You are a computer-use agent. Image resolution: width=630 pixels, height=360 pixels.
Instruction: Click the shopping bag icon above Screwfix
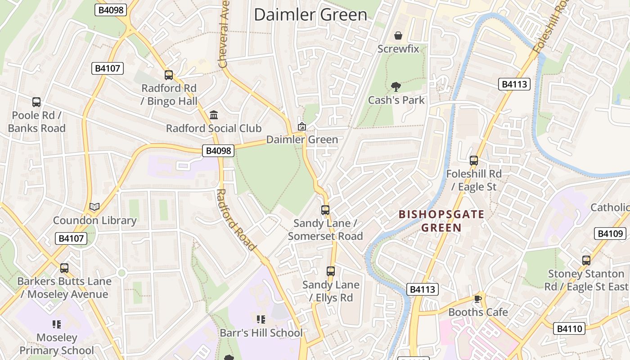398,36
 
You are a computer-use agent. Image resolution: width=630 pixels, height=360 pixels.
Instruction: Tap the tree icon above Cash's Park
396,86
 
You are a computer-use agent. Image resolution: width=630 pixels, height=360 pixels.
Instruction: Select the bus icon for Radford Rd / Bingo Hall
169,75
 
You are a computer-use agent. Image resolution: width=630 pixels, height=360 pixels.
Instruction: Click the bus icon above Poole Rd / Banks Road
36,102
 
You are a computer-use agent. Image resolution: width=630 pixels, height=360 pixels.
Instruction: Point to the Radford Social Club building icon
214,115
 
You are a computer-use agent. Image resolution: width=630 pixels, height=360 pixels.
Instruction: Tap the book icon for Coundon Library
94,207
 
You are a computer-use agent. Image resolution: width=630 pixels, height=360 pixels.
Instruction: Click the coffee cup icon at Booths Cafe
478,299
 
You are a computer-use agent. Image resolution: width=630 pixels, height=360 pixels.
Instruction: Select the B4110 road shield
569,328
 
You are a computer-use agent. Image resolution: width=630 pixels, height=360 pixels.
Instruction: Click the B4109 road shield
610,234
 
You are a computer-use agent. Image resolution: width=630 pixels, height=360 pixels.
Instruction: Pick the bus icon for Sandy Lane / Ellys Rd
331,271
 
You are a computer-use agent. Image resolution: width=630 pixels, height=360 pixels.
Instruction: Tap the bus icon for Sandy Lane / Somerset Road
325,210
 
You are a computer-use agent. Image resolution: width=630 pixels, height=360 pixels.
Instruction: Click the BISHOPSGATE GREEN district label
441,221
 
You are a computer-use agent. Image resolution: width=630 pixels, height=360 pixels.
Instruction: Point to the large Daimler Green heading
310,14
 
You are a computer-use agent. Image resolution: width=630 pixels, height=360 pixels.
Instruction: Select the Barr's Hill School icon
261,319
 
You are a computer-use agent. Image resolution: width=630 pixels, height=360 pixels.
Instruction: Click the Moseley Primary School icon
57,324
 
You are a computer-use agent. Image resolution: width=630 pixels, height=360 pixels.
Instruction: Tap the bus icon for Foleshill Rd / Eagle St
473,160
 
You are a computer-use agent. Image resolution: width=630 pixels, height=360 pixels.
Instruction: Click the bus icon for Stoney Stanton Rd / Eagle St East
586,260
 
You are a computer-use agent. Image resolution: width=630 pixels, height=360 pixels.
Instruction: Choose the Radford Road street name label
236,220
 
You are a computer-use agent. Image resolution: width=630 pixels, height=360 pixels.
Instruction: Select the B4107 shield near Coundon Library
71,238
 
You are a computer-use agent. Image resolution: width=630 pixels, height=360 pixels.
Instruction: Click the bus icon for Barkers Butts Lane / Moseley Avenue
64,268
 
